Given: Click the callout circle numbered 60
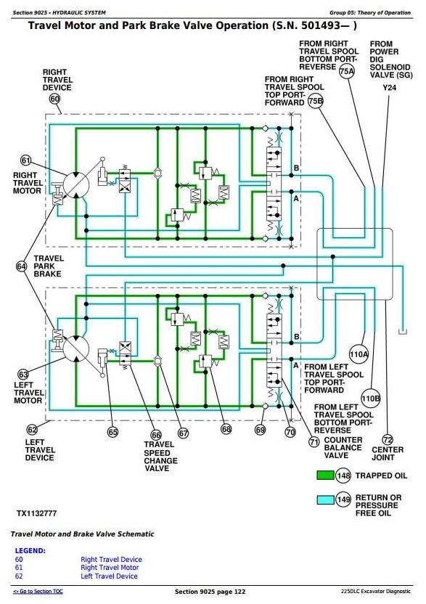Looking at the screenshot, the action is (x=54, y=99).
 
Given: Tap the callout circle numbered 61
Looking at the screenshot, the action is (x=25, y=160).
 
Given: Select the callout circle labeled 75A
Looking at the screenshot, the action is (x=347, y=71).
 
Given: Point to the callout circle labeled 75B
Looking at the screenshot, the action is (x=316, y=101).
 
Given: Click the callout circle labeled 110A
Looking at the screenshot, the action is (x=359, y=354).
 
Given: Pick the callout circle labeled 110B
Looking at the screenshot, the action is (x=371, y=399).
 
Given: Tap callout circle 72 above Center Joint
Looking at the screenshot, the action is (x=388, y=439).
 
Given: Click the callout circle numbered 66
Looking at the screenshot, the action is (x=156, y=436).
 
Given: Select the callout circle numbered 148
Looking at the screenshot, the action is (x=343, y=476).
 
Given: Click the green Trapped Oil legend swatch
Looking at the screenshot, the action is (x=325, y=476).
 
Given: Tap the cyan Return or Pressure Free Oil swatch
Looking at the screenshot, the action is (x=325, y=500).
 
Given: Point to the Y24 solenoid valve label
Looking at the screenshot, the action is (x=390, y=88).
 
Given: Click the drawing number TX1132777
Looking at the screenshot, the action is (x=36, y=513).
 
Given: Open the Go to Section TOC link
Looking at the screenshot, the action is (x=38, y=591).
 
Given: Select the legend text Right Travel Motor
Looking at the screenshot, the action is (x=110, y=568).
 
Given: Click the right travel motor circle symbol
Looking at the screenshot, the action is (x=76, y=185).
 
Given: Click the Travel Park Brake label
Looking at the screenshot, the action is (x=48, y=266).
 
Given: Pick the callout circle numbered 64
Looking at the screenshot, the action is (x=22, y=266).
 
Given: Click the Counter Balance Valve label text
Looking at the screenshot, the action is (x=343, y=448).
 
